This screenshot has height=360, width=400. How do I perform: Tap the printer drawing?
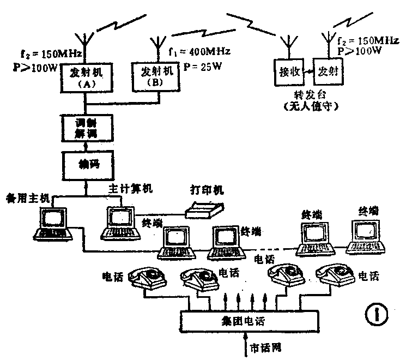204,209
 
